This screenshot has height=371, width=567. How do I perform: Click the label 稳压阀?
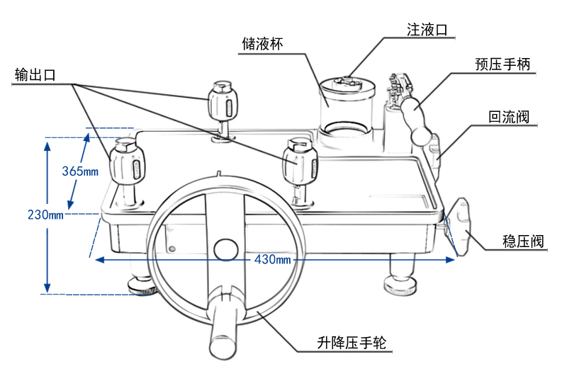click(x=523, y=241)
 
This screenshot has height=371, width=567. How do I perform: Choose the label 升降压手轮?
click(x=352, y=344)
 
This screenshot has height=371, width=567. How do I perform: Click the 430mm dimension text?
click(x=273, y=260)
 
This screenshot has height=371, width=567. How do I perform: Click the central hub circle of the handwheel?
click(x=226, y=249)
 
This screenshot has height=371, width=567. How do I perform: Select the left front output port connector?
click(x=128, y=164)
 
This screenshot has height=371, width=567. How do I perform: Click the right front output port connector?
click(x=300, y=164)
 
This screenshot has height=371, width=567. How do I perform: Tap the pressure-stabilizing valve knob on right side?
click(x=462, y=227)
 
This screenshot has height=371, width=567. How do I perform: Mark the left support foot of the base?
click(x=141, y=283)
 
